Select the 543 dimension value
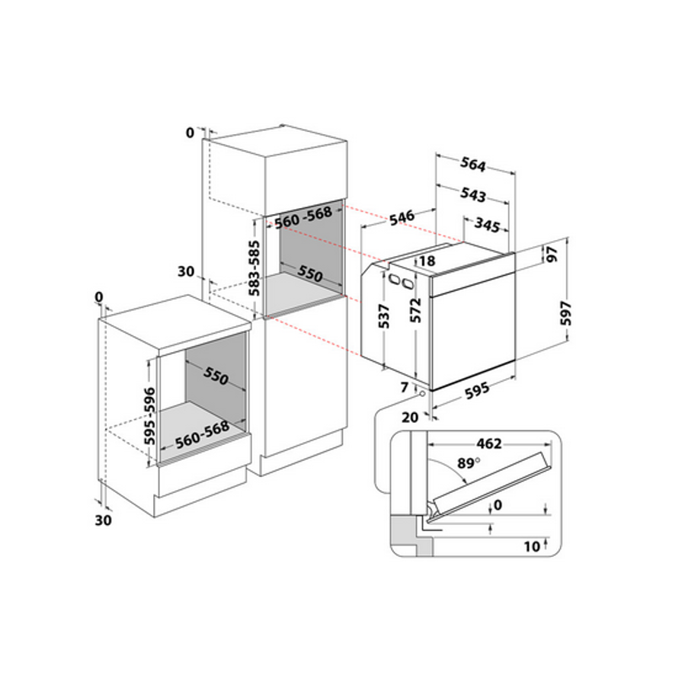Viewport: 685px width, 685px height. pos(473,195)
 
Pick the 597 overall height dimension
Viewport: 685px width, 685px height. pos(565,312)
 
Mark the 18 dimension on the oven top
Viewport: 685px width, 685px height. pos(427,261)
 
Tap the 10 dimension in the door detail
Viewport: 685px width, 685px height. pos(533,546)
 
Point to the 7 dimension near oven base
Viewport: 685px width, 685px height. pos(404,388)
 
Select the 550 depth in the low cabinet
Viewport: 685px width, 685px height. pos(216,377)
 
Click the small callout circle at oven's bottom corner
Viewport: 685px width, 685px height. pos(421,392)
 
